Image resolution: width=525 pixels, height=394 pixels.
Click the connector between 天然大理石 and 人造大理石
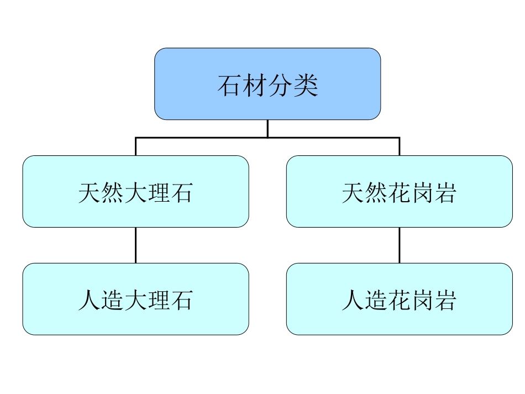[135, 245]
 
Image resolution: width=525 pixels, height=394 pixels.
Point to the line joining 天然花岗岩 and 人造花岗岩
[400, 245]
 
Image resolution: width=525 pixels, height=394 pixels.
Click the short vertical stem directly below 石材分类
[267, 128]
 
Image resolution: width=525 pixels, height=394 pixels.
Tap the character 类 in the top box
[306, 85]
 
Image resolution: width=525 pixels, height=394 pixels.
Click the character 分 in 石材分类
[280, 85]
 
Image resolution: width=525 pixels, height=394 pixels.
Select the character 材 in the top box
[255, 85]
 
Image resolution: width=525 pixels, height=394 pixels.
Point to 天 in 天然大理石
[90, 193]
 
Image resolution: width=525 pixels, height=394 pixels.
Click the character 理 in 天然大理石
[159, 193]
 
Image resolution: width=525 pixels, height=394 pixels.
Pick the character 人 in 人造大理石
[90, 300]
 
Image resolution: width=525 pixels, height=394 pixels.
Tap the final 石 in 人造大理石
[182, 300]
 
